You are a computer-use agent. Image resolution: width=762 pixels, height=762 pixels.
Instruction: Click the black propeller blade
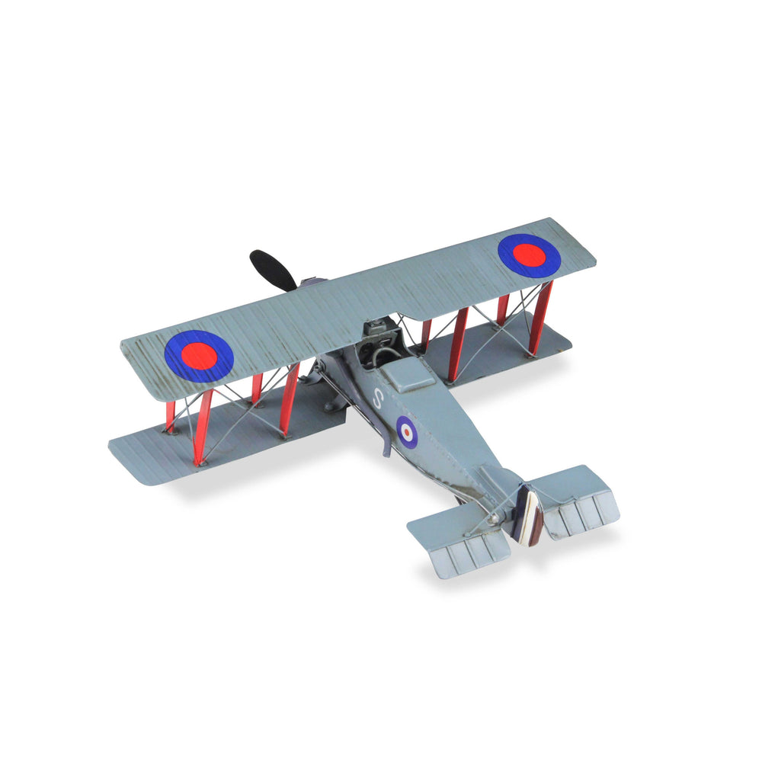(273, 270)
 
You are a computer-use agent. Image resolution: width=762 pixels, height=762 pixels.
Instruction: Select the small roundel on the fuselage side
(405, 431)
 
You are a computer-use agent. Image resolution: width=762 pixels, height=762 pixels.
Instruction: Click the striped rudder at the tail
(527, 516)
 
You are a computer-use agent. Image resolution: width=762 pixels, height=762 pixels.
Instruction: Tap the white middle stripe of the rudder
(527, 516)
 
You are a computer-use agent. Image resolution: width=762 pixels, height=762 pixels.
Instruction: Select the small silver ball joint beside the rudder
(494, 519)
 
